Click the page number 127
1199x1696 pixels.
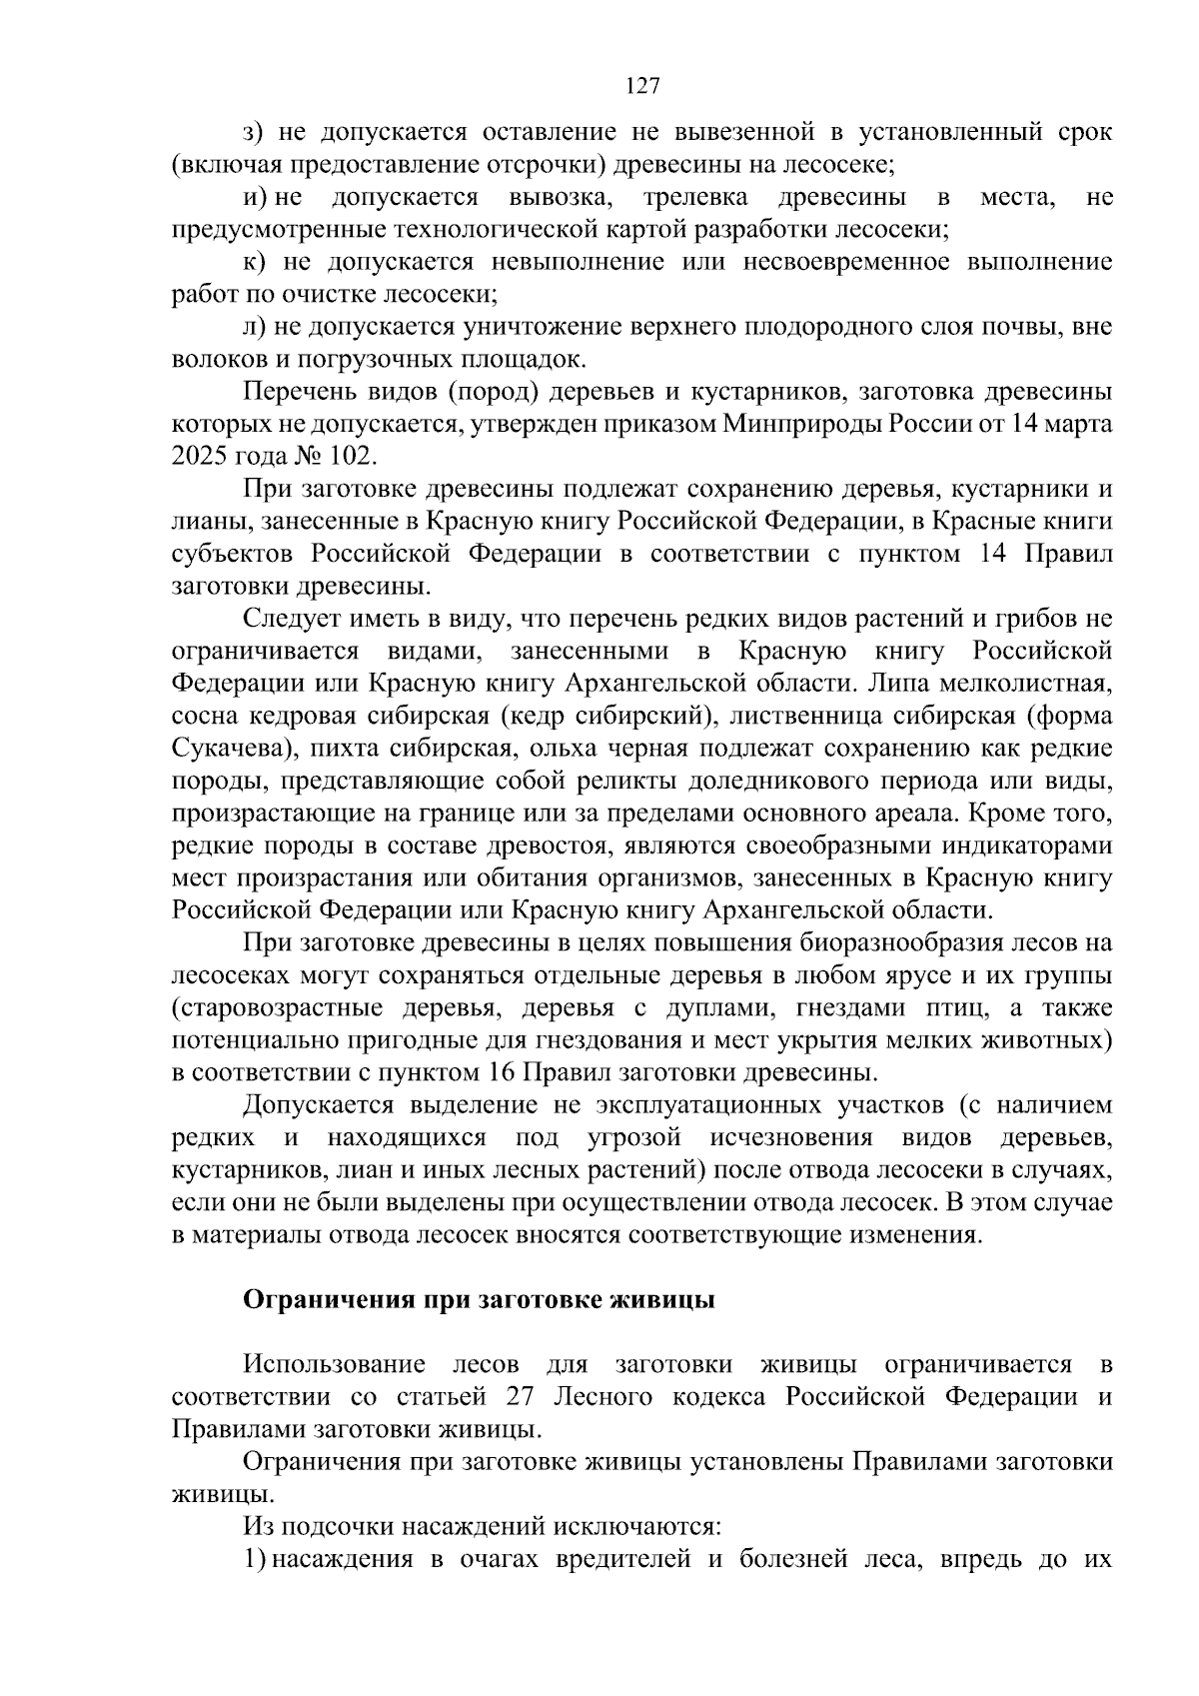(x=642, y=86)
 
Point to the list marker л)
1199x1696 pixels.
(x=255, y=327)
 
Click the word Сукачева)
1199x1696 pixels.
(x=222, y=749)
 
